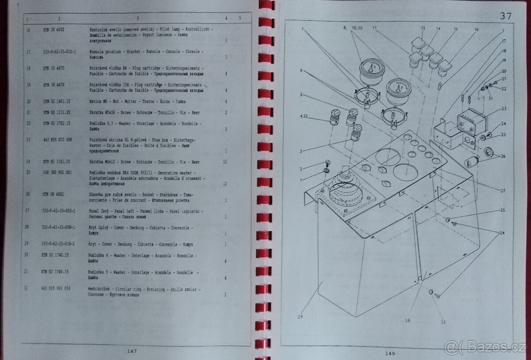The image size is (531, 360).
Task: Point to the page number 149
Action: (x=390, y=353)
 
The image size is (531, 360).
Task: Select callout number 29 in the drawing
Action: (x=300, y=317)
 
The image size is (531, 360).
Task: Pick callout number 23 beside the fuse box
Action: (x=504, y=108)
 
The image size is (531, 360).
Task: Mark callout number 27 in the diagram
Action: (x=503, y=191)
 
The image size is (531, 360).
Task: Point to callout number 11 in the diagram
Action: (x=375, y=28)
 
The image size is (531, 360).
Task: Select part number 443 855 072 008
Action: (x=58, y=139)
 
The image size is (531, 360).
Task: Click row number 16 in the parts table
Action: (x=28, y=29)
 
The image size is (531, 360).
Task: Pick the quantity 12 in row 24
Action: (x=225, y=162)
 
